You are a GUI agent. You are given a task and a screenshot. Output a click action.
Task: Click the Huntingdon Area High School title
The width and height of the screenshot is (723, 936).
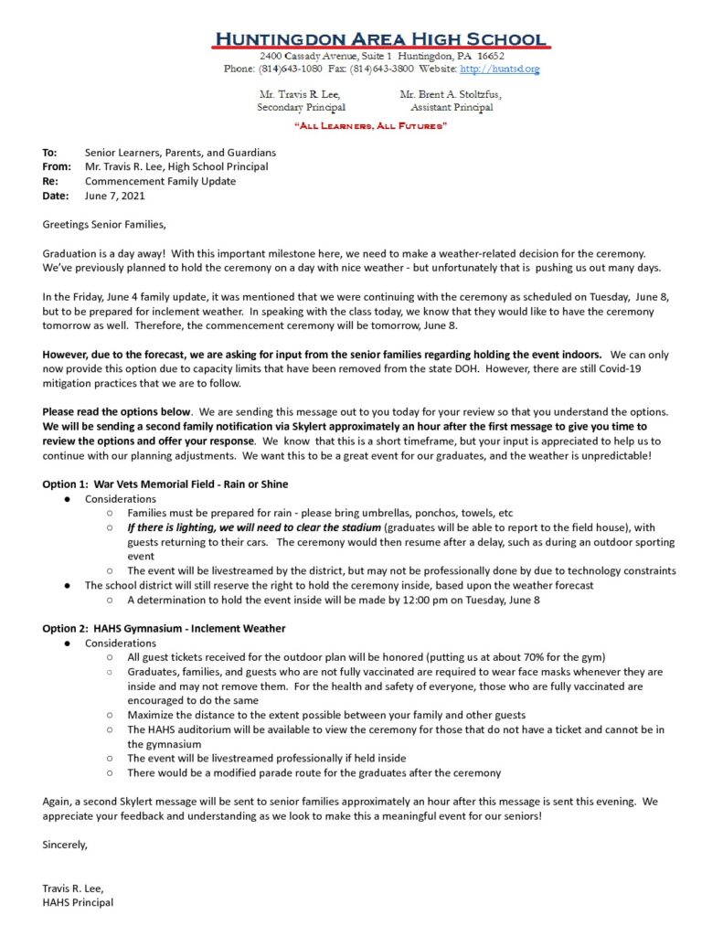[x=380, y=39]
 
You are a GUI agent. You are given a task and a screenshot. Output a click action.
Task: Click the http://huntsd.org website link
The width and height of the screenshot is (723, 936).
[x=499, y=69]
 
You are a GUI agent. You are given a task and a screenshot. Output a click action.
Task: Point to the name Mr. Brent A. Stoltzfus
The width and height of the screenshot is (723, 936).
[x=451, y=94]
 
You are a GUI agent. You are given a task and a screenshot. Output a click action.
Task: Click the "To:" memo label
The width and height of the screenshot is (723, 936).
[x=50, y=153]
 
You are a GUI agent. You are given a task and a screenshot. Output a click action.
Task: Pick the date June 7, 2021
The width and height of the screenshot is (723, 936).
[x=114, y=196]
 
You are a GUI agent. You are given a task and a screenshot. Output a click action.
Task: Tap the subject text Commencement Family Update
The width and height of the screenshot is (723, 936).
[x=160, y=181]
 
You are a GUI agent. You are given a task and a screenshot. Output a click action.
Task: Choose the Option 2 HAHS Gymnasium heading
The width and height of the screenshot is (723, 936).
[x=165, y=628]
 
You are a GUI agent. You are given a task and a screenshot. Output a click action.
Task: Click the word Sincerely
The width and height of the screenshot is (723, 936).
[x=66, y=845]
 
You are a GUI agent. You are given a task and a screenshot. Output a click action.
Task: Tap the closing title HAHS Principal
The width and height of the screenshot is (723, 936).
[x=78, y=902]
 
